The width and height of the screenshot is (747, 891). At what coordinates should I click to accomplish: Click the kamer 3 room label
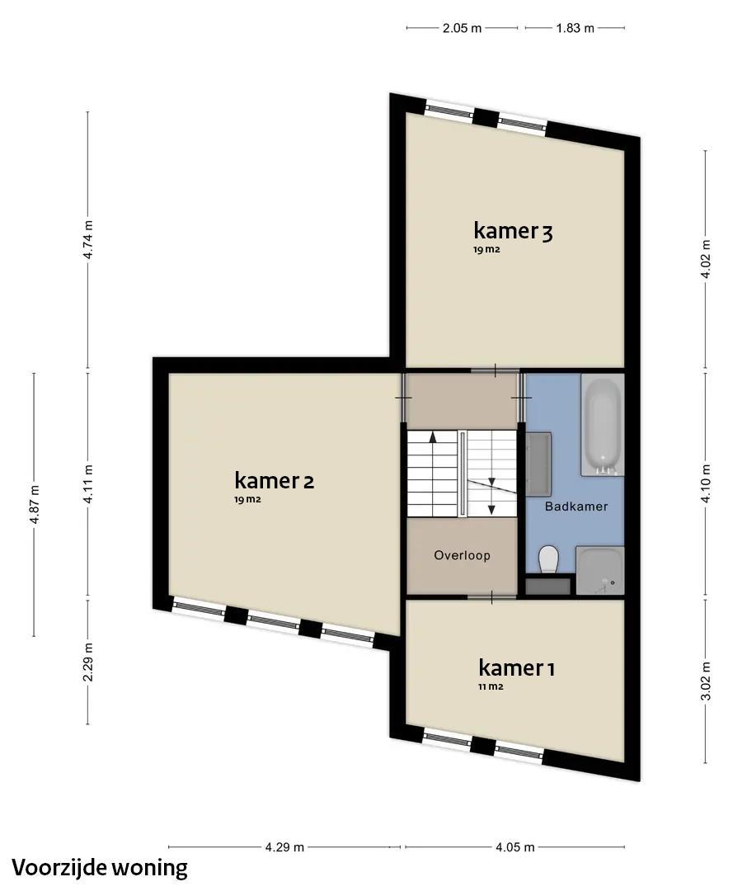(513, 231)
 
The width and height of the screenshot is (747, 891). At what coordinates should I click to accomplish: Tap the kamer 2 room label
(275, 481)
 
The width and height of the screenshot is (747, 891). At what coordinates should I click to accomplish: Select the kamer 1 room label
(516, 667)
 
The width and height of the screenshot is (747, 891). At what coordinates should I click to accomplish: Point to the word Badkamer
(576, 507)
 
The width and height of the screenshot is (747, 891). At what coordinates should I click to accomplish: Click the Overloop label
(462, 555)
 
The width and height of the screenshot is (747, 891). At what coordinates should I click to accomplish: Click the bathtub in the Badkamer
(602, 425)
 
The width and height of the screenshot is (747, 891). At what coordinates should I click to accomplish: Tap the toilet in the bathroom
(549, 559)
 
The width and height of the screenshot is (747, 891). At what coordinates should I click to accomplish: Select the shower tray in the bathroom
(600, 571)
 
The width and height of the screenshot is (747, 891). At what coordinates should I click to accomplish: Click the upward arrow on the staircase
(432, 436)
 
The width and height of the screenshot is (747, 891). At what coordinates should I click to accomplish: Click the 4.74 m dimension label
(87, 240)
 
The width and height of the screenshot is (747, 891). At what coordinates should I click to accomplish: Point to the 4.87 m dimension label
(34, 505)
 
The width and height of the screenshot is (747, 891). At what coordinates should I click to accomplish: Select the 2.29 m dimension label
(87, 662)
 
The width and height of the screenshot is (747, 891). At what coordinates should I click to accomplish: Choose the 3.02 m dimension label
(706, 681)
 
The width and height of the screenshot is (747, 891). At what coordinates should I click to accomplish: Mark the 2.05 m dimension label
(462, 28)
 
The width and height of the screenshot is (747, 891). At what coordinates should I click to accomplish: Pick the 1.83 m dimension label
(575, 28)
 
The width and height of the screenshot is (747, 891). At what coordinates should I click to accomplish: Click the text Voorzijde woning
(100, 869)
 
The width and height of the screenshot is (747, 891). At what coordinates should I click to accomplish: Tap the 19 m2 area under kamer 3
(486, 249)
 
